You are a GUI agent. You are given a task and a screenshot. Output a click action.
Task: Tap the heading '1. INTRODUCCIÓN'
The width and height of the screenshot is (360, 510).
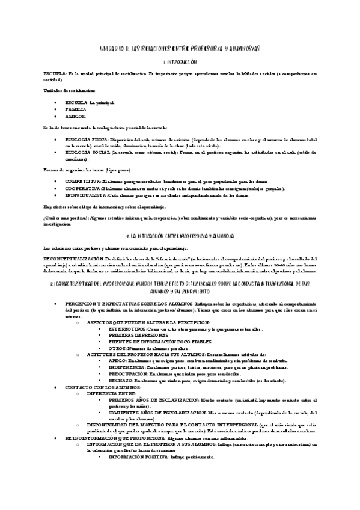pos(180,62)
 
